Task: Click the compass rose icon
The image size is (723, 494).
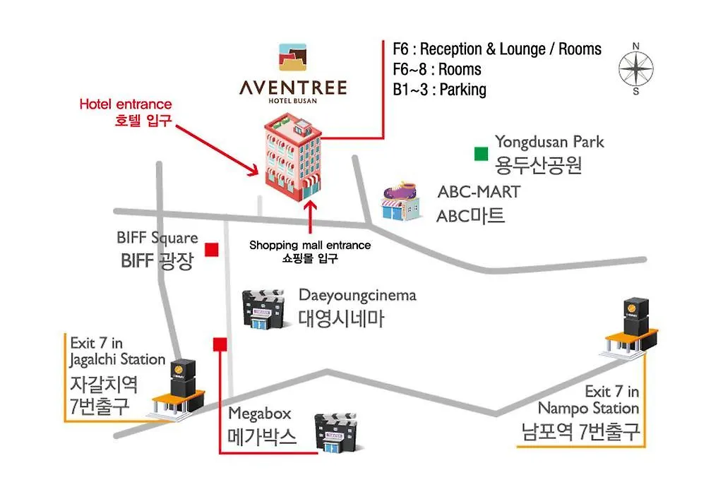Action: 636,68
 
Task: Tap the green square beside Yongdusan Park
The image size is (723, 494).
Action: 481,154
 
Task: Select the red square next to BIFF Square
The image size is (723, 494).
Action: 212,249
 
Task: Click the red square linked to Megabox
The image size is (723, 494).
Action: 220,344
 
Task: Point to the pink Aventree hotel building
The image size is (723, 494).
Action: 293,157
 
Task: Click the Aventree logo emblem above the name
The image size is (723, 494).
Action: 293,57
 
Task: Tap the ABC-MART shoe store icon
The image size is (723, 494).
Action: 401,201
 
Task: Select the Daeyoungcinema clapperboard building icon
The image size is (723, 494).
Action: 263,309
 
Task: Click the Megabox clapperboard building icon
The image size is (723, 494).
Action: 336,432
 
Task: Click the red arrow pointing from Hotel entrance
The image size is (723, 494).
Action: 217,150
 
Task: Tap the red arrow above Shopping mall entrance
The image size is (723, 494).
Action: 311,217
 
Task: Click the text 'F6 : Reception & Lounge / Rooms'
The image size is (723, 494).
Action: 497,49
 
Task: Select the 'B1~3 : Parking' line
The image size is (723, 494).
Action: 439,90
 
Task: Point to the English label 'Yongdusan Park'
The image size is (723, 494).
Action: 549,142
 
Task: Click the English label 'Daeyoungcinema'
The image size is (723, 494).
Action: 357,295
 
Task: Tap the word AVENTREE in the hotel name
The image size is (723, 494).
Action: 293,88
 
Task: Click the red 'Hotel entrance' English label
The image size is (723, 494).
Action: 126,104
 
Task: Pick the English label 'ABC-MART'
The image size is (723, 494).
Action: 479,192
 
